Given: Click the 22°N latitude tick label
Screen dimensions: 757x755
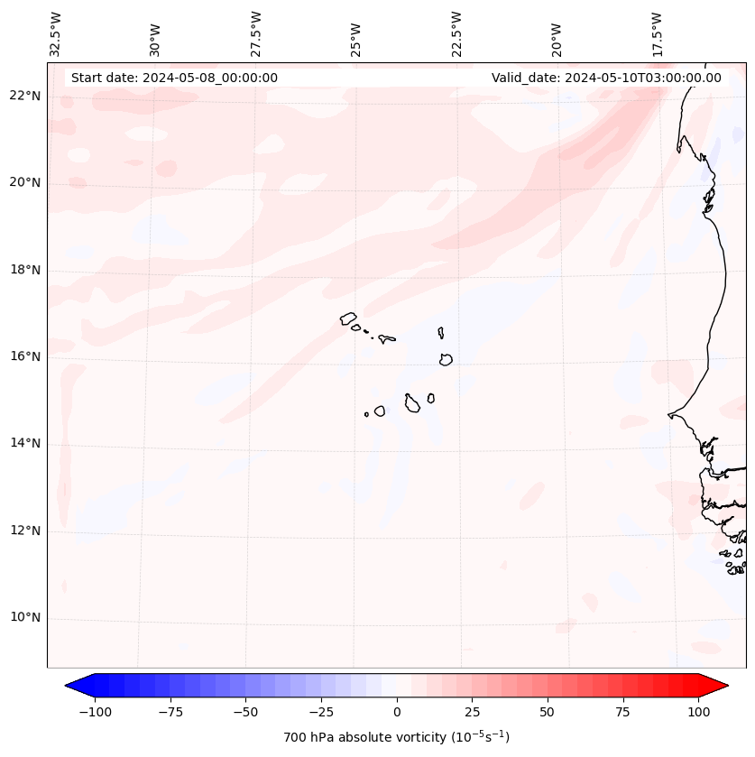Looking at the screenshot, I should click(x=24, y=96).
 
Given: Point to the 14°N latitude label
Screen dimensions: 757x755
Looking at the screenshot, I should click(x=24, y=443).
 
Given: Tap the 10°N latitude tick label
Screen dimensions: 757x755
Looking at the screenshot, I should click(x=24, y=618).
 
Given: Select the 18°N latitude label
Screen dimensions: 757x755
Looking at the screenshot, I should click(x=24, y=270).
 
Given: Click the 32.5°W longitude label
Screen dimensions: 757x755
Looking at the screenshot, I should click(x=56, y=34).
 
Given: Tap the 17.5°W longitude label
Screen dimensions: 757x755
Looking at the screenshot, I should click(x=658, y=34).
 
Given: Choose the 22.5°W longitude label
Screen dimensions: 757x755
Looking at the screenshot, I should click(x=456, y=34).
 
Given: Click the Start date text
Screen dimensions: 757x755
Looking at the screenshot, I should click(x=174, y=78).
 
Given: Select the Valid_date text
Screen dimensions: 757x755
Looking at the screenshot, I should click(x=606, y=78).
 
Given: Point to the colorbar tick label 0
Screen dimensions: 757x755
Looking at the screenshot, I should click(x=397, y=712).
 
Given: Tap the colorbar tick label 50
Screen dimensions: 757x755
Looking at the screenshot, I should click(x=547, y=712).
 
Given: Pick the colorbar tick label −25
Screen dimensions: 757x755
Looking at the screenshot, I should click(x=321, y=712).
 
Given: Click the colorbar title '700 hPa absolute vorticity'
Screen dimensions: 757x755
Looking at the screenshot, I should click(x=396, y=737).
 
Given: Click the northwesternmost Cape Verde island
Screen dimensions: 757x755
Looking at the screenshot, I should click(x=348, y=318).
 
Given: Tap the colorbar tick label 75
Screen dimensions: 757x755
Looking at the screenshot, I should click(x=622, y=712).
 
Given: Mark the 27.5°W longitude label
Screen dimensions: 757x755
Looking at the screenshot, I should click(x=256, y=34).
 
